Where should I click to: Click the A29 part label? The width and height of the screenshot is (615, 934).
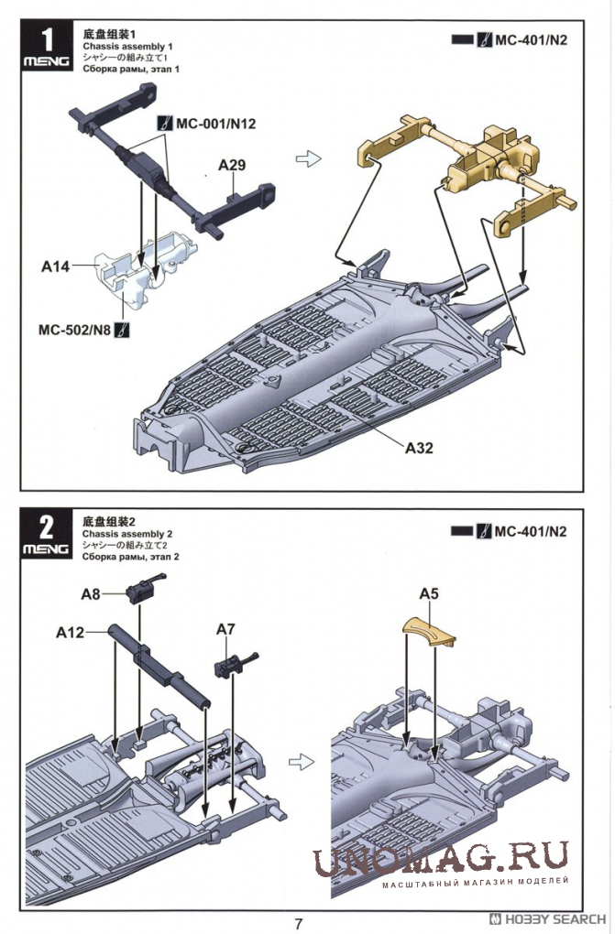(232, 165)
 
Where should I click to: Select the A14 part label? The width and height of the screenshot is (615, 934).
(55, 266)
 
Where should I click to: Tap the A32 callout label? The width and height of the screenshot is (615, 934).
(419, 448)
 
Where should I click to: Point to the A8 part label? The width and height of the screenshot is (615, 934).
(91, 594)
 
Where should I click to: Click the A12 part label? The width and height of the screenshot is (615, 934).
(70, 632)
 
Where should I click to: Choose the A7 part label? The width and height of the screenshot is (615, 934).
(225, 629)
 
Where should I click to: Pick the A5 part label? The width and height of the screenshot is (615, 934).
(428, 593)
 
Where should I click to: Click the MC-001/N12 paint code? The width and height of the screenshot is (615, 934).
(215, 124)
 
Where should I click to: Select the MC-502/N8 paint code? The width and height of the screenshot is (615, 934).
(74, 330)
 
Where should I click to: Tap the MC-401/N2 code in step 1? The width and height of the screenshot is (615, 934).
(531, 40)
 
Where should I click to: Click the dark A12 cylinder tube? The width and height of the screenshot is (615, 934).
(159, 666)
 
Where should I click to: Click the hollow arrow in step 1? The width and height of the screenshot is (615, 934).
(308, 159)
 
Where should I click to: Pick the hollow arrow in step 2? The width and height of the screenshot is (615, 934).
(302, 762)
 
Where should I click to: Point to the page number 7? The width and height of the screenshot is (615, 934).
(299, 924)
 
